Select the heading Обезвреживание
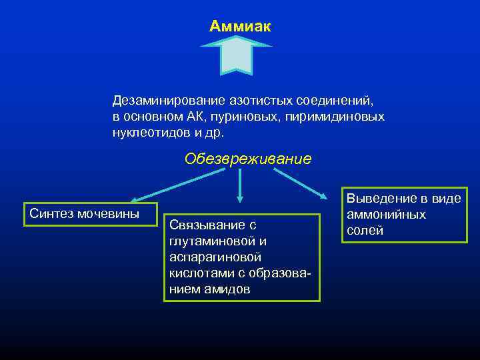pos(248,159)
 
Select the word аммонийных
pos(386,214)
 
